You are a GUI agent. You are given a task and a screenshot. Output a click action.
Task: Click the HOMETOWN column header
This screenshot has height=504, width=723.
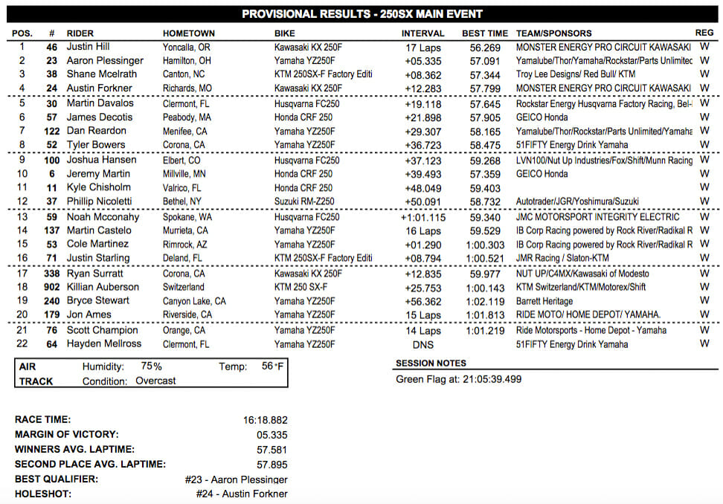(x=188, y=33)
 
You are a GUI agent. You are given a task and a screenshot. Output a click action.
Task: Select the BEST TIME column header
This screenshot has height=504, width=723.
(x=485, y=33)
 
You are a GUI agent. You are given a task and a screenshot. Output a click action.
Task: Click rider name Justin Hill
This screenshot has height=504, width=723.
(x=89, y=46)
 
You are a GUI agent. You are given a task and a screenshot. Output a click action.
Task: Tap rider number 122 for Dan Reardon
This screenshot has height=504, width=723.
(x=51, y=131)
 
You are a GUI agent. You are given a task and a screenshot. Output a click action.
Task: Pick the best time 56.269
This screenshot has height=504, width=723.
(x=485, y=46)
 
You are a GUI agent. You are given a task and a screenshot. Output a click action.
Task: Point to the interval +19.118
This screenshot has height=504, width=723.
(x=422, y=104)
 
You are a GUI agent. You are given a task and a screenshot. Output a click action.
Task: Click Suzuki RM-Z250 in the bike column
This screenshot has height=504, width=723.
(x=303, y=201)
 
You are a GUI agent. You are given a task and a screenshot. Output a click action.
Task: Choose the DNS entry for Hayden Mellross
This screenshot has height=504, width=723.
(x=422, y=344)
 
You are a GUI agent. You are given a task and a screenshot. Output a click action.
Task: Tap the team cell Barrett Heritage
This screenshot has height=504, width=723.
(x=544, y=301)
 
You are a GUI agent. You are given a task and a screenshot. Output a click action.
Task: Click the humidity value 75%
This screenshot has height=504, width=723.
(x=151, y=366)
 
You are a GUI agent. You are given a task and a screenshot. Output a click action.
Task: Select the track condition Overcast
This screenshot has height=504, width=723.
(x=155, y=381)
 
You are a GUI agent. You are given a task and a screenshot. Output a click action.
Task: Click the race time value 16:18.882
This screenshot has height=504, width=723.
(x=265, y=420)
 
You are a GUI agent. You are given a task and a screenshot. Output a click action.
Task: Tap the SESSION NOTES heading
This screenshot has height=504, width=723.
(x=431, y=364)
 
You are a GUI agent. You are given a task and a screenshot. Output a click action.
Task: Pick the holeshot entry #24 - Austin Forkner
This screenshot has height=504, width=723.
(x=242, y=494)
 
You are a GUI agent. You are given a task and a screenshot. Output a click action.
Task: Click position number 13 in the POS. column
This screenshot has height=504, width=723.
(x=22, y=217)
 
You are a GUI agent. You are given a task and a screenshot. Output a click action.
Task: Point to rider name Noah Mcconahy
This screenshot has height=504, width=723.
(x=102, y=217)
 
